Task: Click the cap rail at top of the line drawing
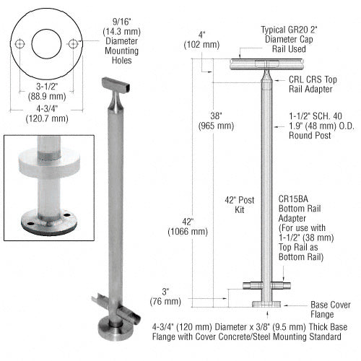[257, 64]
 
